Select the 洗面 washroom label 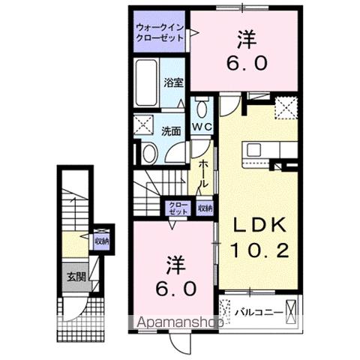[x=171, y=130]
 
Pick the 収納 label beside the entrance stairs [x=101, y=241]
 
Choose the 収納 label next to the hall [x=204, y=208]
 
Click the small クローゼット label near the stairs [x=177, y=208]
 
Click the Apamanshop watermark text [x=179, y=322]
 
